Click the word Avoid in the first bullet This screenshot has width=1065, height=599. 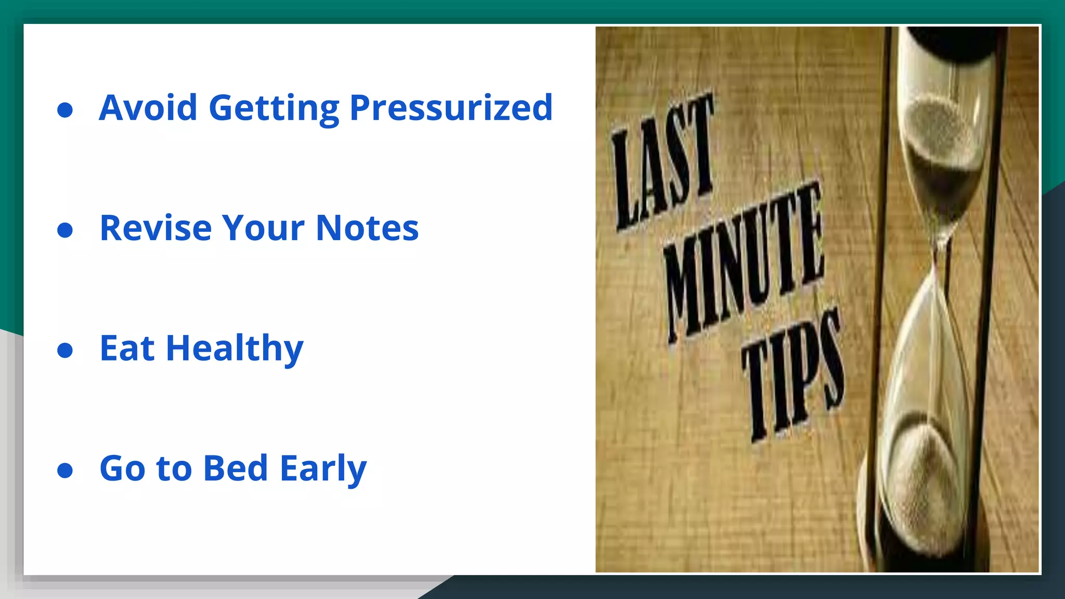pyautogui.click(x=148, y=108)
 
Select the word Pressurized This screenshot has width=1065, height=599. pyautogui.click(x=451, y=108)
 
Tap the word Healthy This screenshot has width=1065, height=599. pyautogui.click(x=235, y=349)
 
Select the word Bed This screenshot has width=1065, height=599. pyautogui.click(x=236, y=468)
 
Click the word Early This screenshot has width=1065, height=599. pyautogui.click(x=323, y=469)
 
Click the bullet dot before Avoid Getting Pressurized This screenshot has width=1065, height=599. pyautogui.click(x=65, y=110)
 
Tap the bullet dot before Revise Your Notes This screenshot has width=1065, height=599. pyautogui.click(x=65, y=230)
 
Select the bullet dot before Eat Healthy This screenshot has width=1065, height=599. pyautogui.click(x=65, y=350)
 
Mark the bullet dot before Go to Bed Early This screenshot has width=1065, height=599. pyautogui.click(x=65, y=470)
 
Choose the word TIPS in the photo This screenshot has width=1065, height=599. pyautogui.click(x=793, y=374)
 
